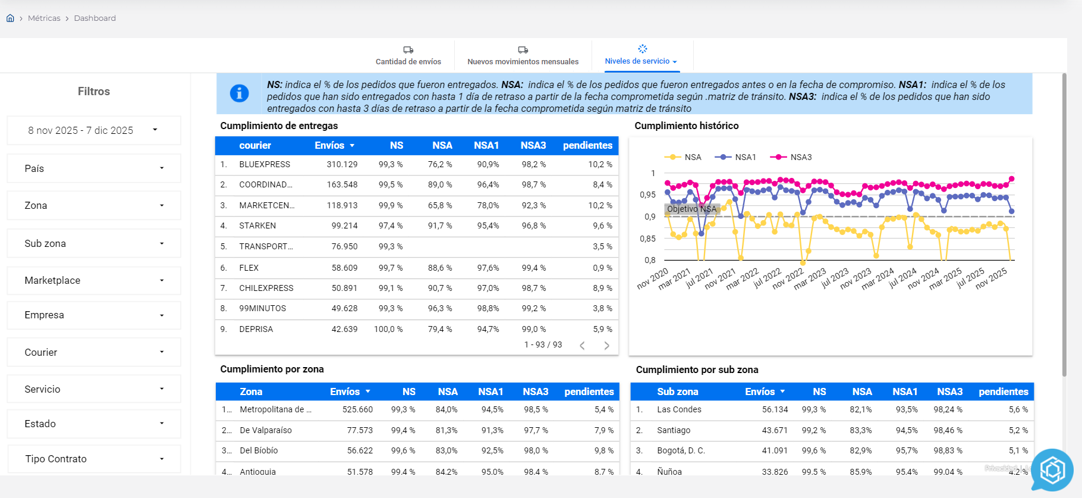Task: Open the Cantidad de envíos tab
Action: coord(408,56)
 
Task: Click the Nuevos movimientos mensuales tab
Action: coord(523,56)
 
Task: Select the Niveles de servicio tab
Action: coord(641,56)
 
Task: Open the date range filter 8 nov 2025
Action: coord(93,130)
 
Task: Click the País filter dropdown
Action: coord(93,168)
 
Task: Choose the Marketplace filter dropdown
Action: coord(93,280)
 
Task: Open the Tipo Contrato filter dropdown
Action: coord(93,459)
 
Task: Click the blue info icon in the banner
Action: coord(239,93)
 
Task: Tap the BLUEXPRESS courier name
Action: coord(265,164)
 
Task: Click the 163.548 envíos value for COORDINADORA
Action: coord(342,184)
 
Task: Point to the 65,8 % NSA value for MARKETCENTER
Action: coord(439,205)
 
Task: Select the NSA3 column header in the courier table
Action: coord(533,145)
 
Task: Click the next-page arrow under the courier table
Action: coord(606,346)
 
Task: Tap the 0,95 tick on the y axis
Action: coord(647,195)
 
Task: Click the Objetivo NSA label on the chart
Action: coord(691,209)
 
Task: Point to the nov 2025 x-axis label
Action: coord(991,278)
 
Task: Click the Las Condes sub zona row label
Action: coord(679,409)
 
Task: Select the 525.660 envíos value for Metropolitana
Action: coord(357,409)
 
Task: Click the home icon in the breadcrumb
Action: coord(10,18)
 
